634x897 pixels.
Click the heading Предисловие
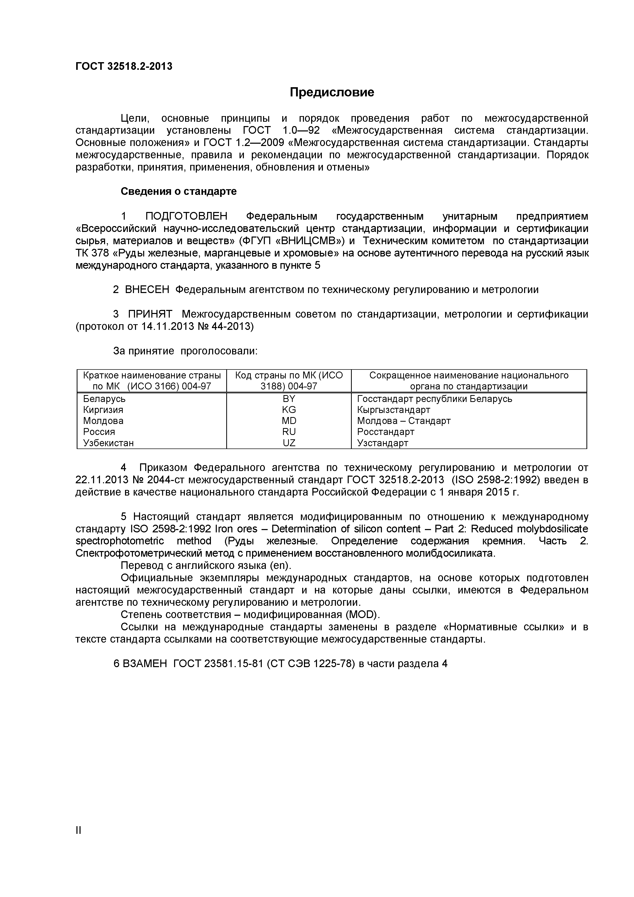(332, 92)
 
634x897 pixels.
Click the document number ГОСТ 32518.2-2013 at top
(123, 66)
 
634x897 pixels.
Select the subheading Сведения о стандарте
(178, 192)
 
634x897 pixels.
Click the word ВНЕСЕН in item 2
(147, 289)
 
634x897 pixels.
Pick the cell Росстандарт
(385, 432)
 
